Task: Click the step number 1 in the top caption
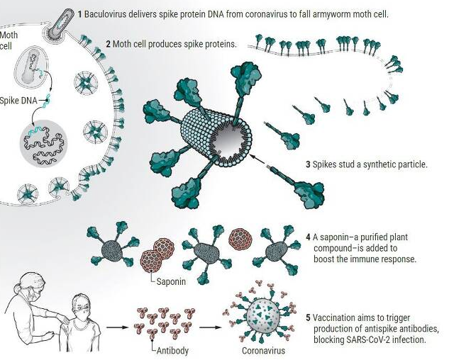click(x=80, y=14)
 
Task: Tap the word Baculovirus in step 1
click(x=107, y=14)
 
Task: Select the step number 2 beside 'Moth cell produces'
click(x=108, y=44)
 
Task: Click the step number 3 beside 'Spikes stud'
click(x=308, y=164)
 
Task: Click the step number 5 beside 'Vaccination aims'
click(x=308, y=317)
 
